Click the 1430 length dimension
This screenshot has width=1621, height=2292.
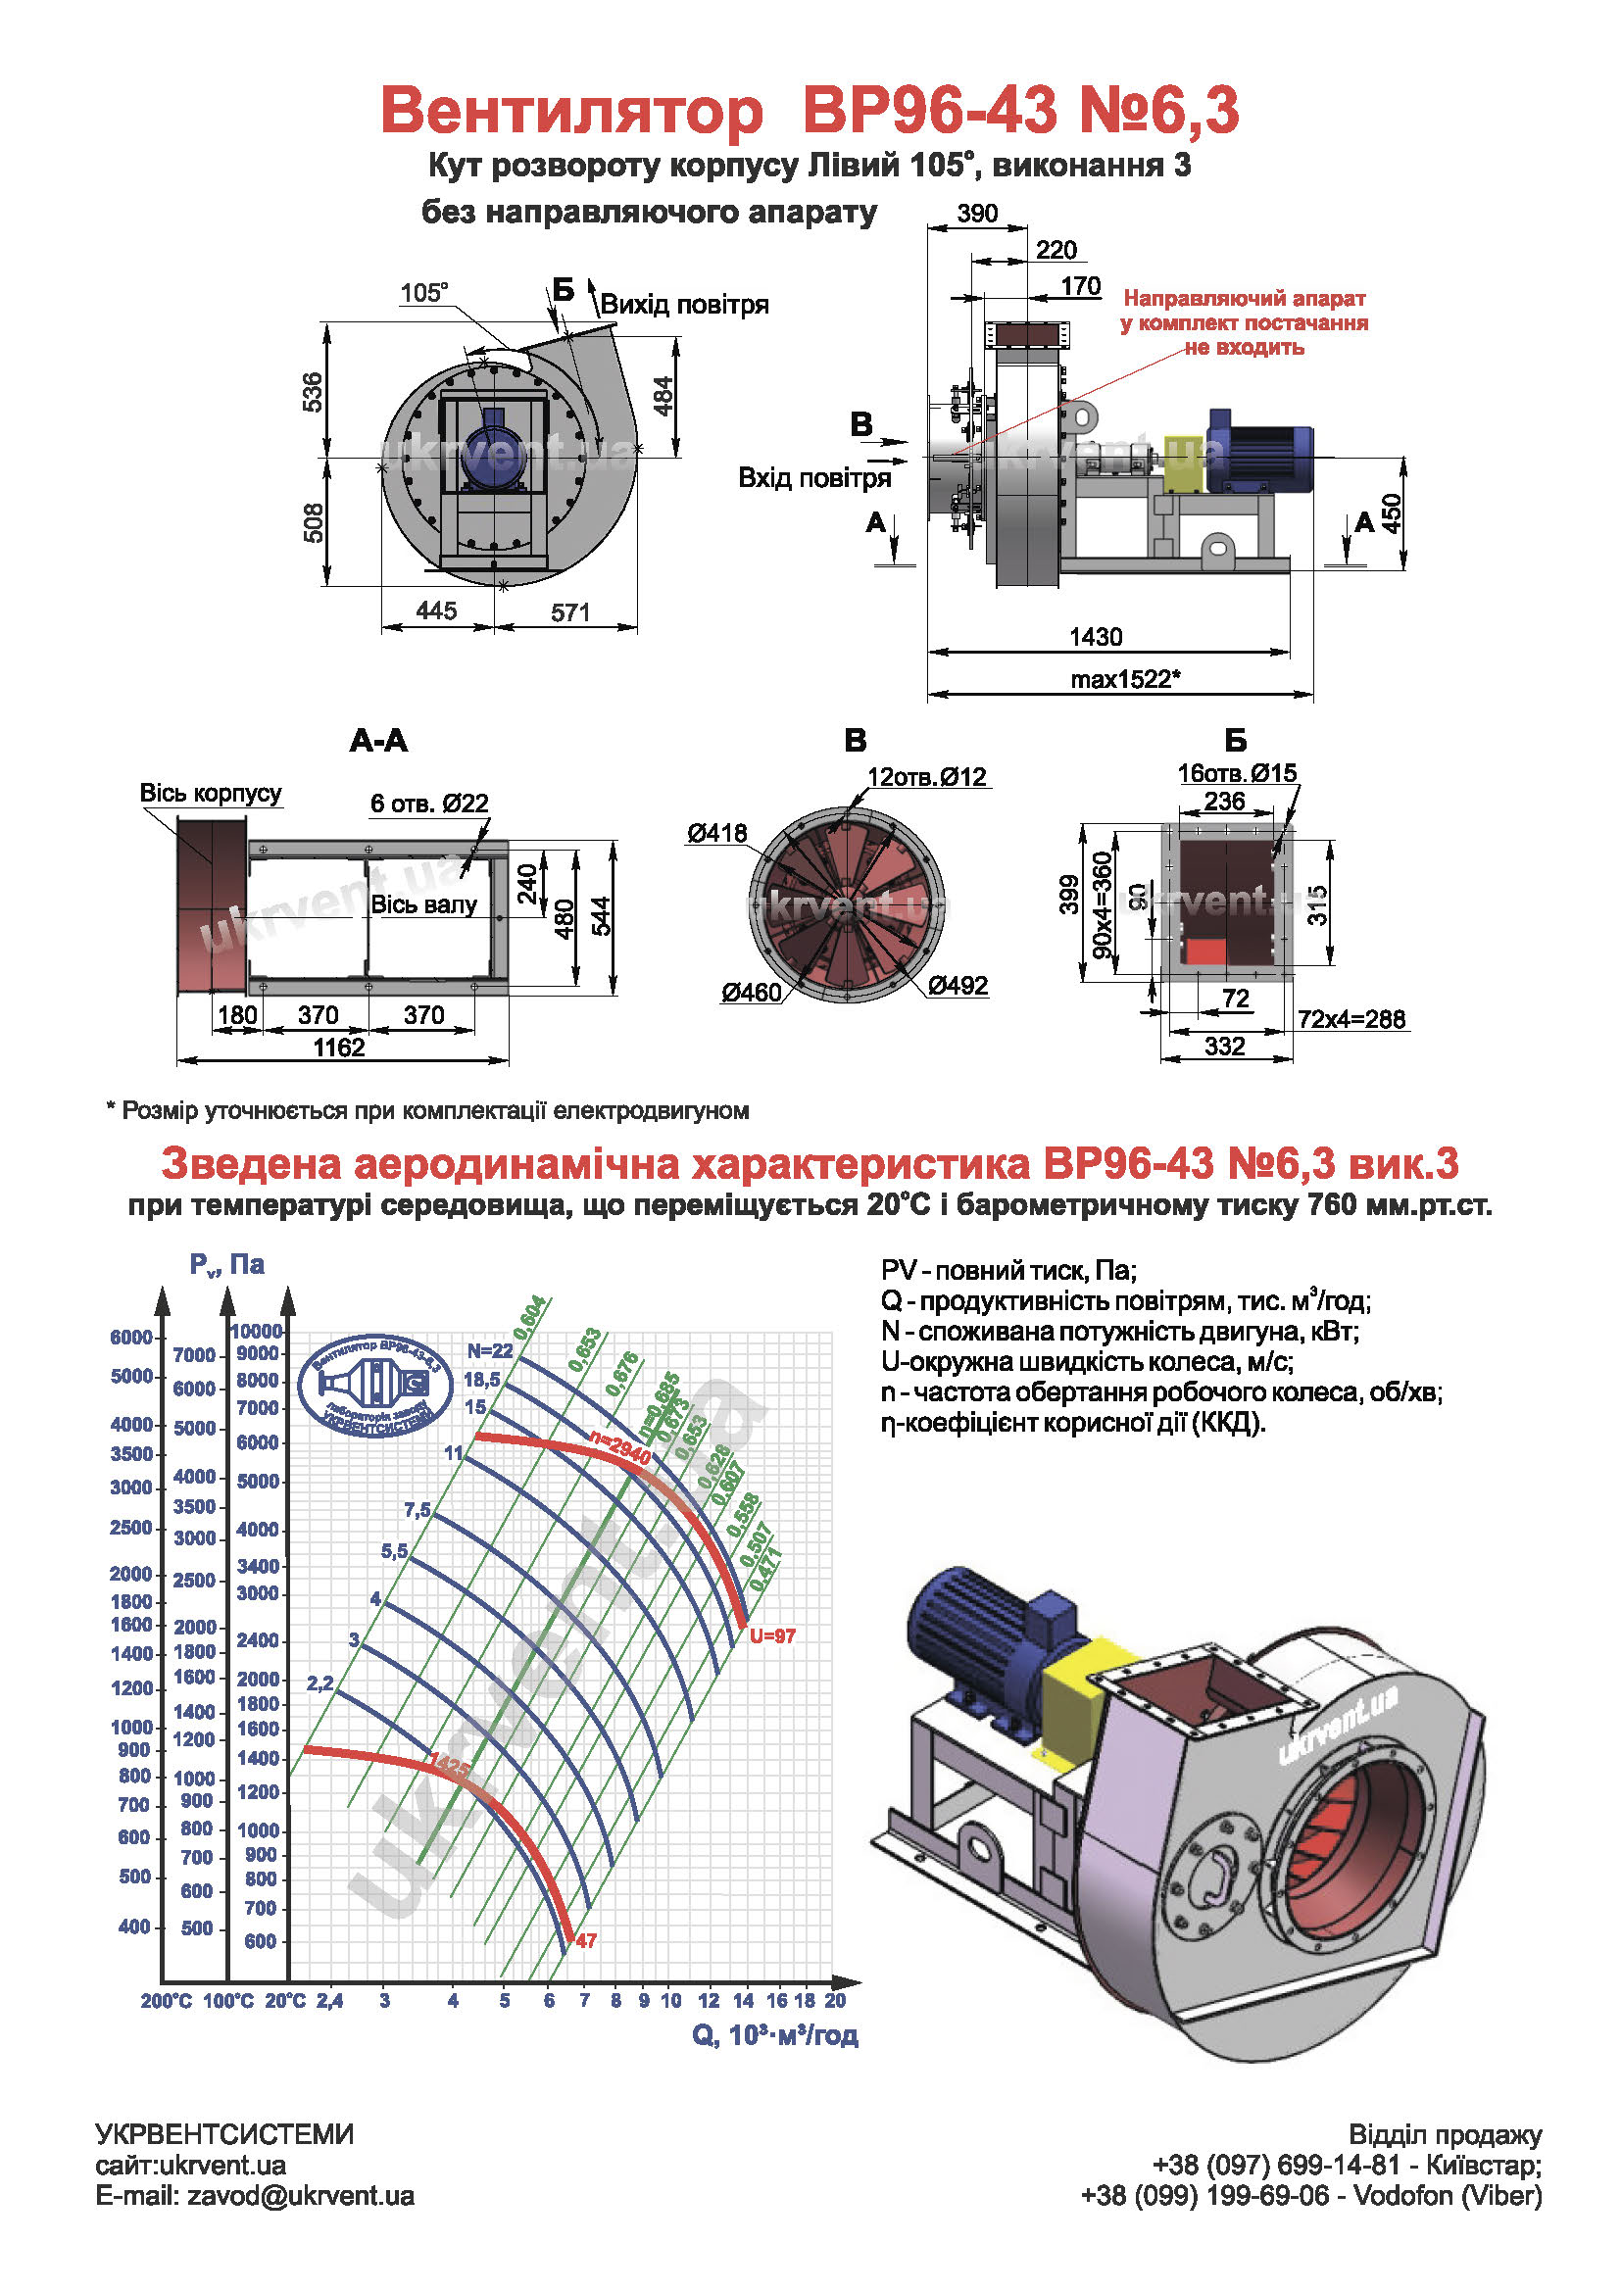[1095, 636]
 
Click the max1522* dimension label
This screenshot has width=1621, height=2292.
[1125, 679]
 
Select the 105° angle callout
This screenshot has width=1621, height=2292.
[424, 292]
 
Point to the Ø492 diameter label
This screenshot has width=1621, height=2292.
[958, 985]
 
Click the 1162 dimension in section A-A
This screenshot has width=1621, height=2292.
[339, 1047]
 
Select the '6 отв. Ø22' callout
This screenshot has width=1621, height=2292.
[429, 803]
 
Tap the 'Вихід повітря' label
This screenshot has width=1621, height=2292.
[685, 305]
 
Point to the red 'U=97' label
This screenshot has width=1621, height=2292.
[772, 1636]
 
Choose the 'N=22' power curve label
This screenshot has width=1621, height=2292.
[489, 1350]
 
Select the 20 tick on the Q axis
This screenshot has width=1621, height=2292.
[835, 2001]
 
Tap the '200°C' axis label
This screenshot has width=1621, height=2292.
[166, 2001]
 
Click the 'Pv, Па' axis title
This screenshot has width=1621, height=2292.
[226, 1265]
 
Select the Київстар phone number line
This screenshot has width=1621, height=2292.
[1347, 2166]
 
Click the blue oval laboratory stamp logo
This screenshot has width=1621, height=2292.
[376, 1386]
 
